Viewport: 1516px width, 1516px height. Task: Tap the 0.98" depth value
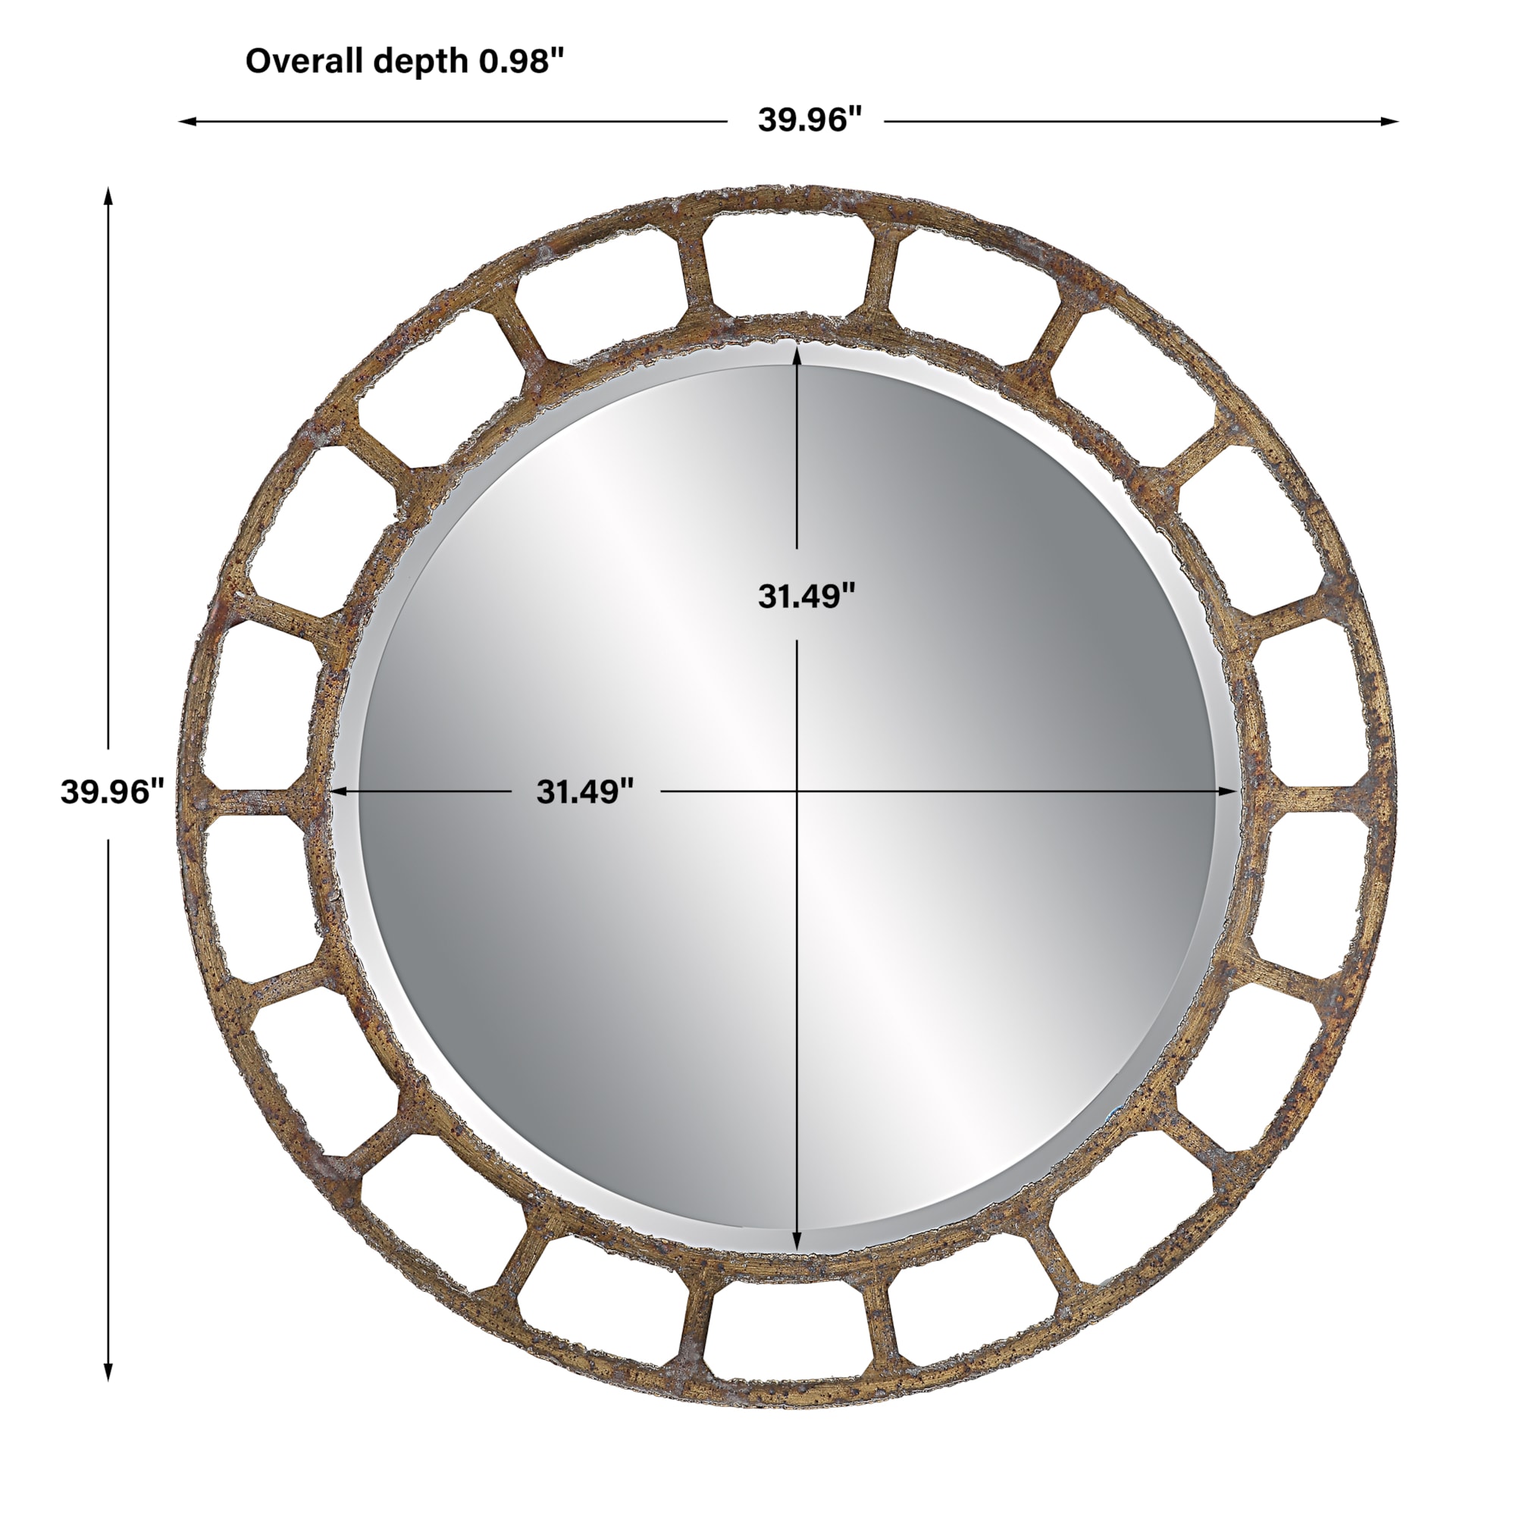[x=522, y=61]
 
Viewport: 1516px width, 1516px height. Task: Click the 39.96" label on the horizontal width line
[x=810, y=120]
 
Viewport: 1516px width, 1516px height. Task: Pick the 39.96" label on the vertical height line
[x=113, y=792]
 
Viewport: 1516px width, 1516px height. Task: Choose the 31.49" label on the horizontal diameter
[x=584, y=792]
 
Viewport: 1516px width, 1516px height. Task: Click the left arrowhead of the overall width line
[x=187, y=121]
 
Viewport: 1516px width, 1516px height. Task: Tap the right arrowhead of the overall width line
[x=1389, y=121]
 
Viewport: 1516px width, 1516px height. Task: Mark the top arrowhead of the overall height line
[x=109, y=196]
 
